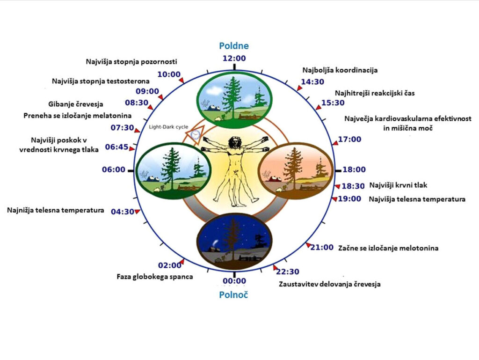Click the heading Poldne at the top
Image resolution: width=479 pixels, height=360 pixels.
click(x=234, y=46)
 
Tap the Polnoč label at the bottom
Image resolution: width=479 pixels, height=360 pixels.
click(x=234, y=295)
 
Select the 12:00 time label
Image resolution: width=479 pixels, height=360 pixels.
click(x=234, y=58)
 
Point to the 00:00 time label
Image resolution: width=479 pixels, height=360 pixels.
click(x=234, y=281)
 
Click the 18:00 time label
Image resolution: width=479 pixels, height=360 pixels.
click(x=354, y=169)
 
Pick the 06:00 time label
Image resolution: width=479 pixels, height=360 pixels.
click(x=114, y=169)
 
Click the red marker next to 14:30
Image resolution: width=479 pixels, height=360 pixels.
click(x=299, y=88)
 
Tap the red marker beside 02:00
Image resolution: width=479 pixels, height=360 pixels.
click(x=182, y=262)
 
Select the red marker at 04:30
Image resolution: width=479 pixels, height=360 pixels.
click(x=138, y=212)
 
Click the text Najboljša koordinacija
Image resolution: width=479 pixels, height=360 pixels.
click(x=340, y=70)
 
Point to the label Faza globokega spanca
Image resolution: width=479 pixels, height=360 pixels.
click(x=155, y=277)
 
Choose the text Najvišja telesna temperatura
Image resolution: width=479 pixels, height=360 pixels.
click(x=417, y=199)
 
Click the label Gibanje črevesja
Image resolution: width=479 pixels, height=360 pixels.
click(x=76, y=104)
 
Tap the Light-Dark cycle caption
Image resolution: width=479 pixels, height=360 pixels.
click(x=168, y=127)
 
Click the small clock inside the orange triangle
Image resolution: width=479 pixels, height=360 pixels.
click(x=195, y=134)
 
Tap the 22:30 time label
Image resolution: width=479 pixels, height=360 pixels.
click(x=288, y=272)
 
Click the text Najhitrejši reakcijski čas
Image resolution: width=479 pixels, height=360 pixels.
click(x=375, y=93)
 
